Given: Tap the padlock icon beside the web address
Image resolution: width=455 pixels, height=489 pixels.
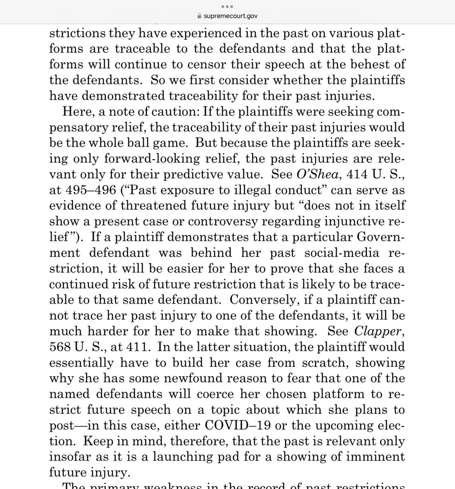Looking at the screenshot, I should pyautogui.click(x=199, y=16).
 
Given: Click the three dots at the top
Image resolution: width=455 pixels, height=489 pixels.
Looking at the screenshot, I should pyautogui.click(x=227, y=7).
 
